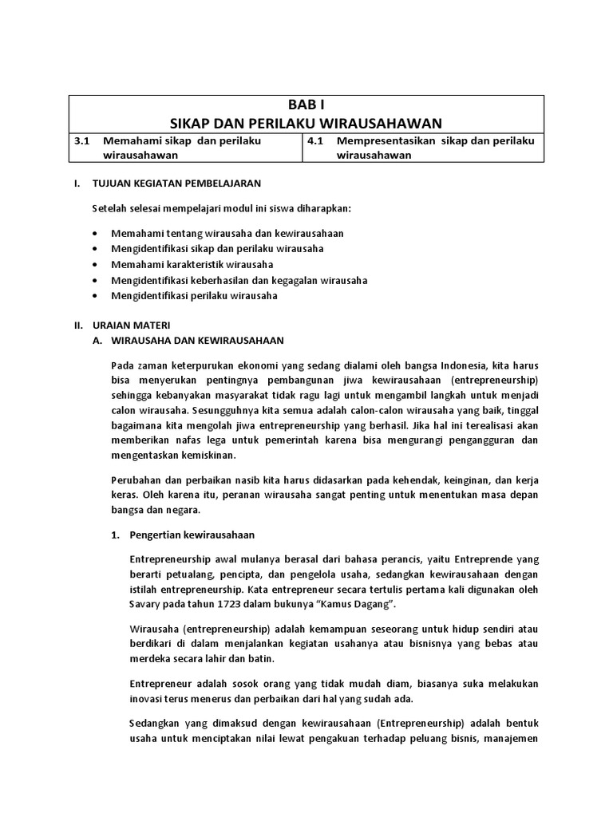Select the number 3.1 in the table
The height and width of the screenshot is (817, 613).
80,140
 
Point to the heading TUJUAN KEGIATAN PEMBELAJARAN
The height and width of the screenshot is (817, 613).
177,184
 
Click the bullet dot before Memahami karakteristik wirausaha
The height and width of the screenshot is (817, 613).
96,264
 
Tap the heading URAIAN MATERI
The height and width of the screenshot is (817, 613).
131,326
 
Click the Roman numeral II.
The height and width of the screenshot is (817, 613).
78,326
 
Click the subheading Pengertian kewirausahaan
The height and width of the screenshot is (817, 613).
192,535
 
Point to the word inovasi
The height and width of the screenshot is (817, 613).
147,700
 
